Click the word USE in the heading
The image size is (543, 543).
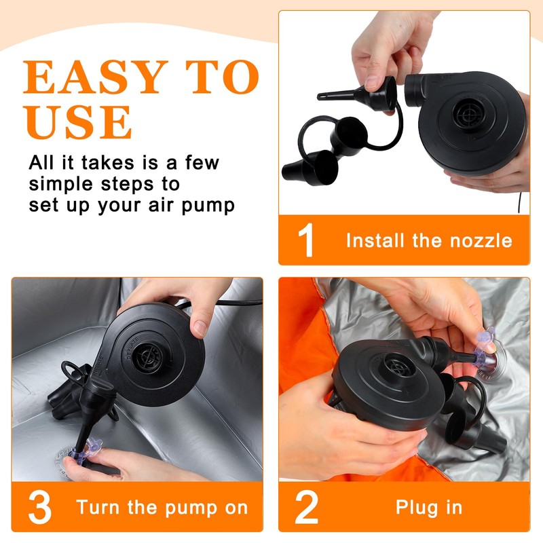(78, 122)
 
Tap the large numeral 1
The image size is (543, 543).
(306, 240)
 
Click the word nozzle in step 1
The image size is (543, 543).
(481, 241)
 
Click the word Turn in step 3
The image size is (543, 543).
(98, 507)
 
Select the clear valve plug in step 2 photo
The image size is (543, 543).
(485, 350)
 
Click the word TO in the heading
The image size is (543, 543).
(223, 77)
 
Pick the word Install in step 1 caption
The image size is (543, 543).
(375, 241)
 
